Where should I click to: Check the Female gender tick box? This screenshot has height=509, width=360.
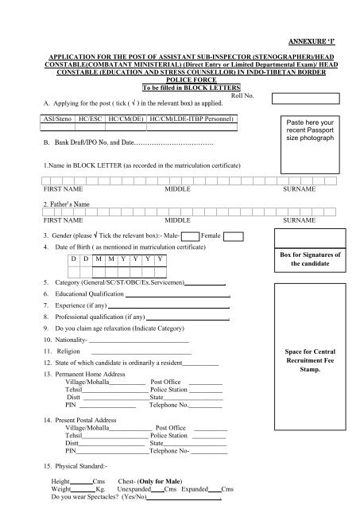coord(232,235)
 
